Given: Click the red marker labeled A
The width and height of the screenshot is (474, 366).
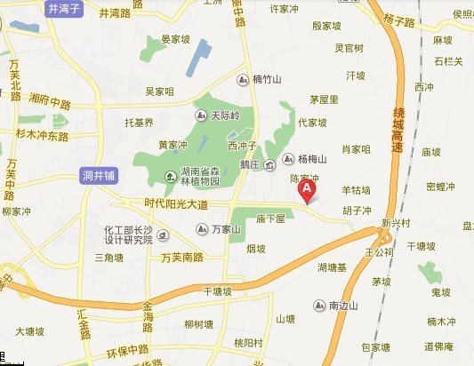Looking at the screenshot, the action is point(308,188).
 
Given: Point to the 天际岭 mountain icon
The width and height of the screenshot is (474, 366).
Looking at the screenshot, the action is point(200,116).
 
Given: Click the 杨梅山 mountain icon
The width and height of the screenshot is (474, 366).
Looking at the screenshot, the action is point(286,160).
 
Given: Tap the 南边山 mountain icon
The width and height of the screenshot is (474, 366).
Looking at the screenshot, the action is point(318,306).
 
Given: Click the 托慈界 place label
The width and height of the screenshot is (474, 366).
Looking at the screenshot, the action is point(141,122).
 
